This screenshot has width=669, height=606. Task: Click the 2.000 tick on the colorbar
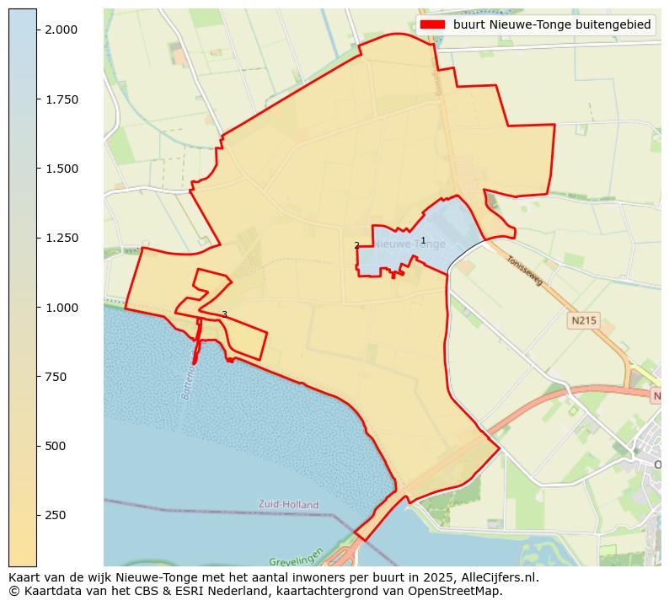[62, 29]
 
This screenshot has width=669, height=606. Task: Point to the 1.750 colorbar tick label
[62, 99]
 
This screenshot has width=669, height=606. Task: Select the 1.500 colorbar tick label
[62, 169]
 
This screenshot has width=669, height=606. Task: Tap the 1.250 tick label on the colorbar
[62, 238]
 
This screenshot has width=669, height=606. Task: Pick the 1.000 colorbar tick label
[62, 308]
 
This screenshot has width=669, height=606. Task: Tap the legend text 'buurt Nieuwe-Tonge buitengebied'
[552, 25]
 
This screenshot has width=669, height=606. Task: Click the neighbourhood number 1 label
[423, 241]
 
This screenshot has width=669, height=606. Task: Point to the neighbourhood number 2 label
[356, 246]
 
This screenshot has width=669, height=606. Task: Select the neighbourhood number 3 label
[224, 314]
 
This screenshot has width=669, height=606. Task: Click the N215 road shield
[583, 320]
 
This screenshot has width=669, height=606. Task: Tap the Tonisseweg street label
[526, 271]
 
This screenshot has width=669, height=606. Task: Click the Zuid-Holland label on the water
[289, 505]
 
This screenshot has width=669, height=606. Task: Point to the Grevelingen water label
[297, 560]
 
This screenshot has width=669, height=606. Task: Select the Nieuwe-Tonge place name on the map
[410, 244]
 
